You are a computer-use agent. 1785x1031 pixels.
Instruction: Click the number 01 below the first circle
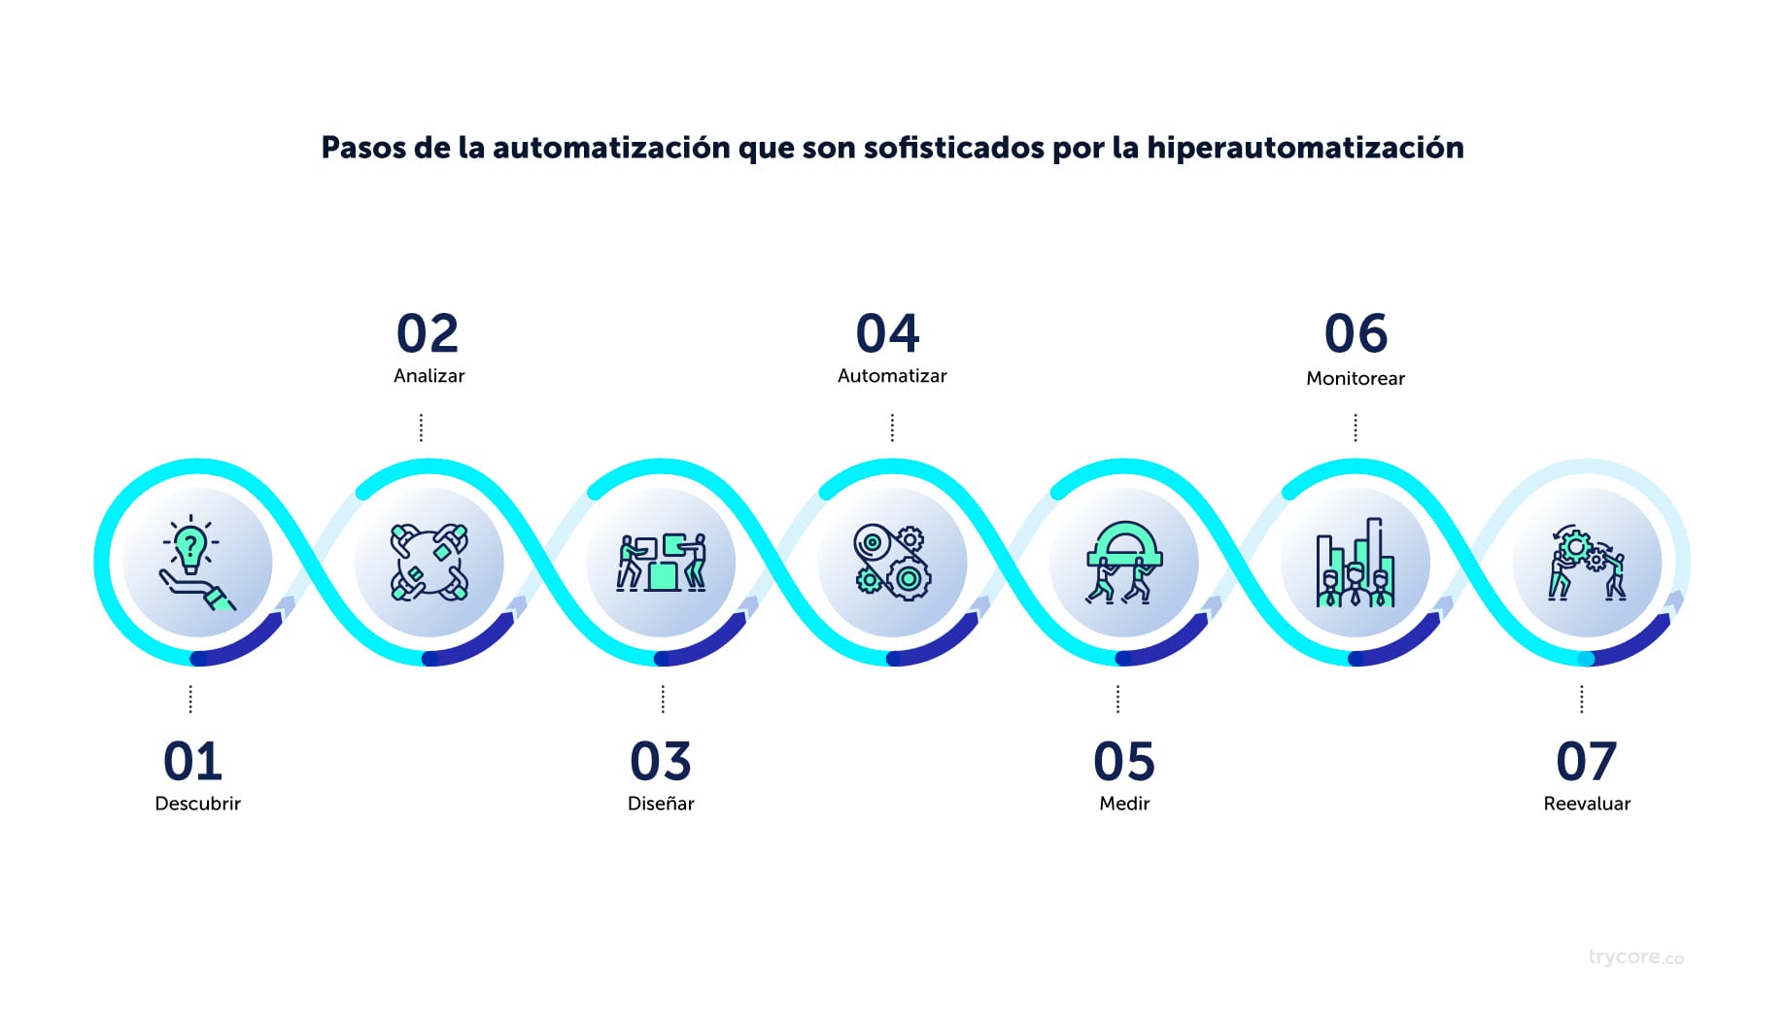[192, 761]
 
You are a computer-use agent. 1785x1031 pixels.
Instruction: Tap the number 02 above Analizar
[428, 333]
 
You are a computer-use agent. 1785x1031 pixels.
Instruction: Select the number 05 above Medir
[1124, 761]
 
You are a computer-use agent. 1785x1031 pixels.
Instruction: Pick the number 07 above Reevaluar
[1586, 761]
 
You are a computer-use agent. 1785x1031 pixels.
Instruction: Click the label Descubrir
[197, 804]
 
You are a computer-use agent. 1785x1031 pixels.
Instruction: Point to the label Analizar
[429, 376]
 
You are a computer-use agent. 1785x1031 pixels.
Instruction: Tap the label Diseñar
[661, 804]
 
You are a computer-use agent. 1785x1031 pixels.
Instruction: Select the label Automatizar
[892, 376]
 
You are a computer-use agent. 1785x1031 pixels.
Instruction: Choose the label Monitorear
[1355, 378]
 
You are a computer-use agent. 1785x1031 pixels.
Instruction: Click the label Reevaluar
[1587, 804]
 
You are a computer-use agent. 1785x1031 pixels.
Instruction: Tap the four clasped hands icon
[429, 563]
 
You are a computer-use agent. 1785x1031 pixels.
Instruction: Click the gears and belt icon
[892, 562]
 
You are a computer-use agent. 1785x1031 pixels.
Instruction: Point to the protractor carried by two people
[1124, 544]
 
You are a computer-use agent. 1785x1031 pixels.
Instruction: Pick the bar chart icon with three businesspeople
[1356, 563]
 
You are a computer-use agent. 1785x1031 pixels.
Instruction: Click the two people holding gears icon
[1587, 563]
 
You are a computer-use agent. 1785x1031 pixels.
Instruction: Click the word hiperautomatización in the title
[1305, 148]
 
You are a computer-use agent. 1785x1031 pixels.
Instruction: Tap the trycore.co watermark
[1635, 957]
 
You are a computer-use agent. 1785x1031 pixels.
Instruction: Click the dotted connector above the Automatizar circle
[892, 428]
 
